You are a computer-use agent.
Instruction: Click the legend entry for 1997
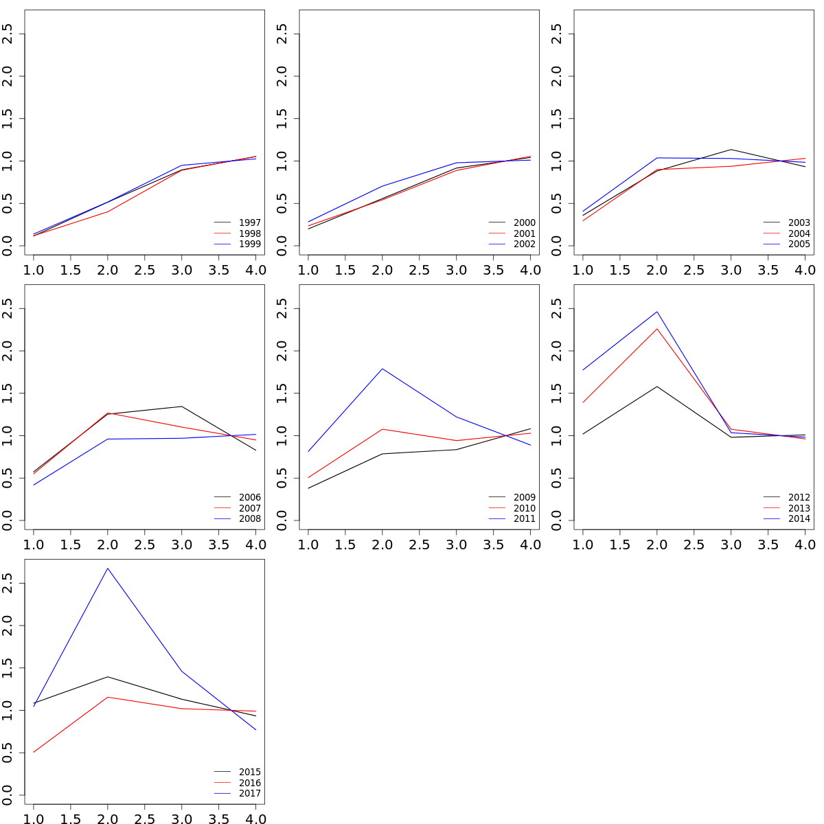pyautogui.click(x=249, y=222)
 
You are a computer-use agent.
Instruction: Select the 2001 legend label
pyautogui.click(x=524, y=233)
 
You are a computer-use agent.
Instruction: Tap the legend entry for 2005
pyautogui.click(x=799, y=244)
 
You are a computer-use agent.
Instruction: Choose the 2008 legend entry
pyautogui.click(x=249, y=519)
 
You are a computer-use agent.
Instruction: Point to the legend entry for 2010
pyautogui.click(x=524, y=508)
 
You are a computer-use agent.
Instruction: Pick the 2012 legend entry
pyautogui.click(x=799, y=497)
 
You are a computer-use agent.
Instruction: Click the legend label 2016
pyautogui.click(x=249, y=783)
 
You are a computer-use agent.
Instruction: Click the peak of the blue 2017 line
pyautogui.click(x=108, y=568)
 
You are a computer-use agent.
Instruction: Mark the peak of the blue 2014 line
pyautogui.click(x=657, y=312)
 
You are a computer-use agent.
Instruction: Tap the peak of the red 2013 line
pyautogui.click(x=657, y=328)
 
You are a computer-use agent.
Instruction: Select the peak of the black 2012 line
pyautogui.click(x=657, y=387)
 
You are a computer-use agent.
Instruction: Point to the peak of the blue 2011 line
pyautogui.click(x=382, y=369)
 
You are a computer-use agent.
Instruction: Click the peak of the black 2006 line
pyautogui.click(x=181, y=407)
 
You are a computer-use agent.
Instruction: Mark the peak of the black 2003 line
pyautogui.click(x=731, y=150)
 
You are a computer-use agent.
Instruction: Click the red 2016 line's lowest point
pyautogui.click(x=34, y=752)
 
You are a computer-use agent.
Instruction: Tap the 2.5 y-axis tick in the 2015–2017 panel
pyautogui.click(x=8, y=583)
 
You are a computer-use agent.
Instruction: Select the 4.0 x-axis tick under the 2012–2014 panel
pyautogui.click(x=805, y=545)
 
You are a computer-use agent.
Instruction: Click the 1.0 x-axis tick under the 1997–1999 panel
pyautogui.click(x=34, y=270)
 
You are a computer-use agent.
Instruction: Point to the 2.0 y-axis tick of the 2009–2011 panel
pyautogui.click(x=283, y=351)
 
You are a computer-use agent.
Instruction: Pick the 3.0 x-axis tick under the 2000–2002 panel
pyautogui.click(x=456, y=270)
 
